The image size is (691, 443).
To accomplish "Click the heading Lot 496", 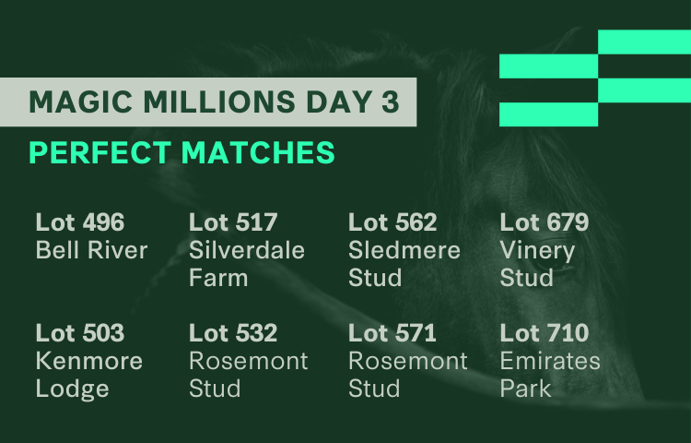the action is (80, 221).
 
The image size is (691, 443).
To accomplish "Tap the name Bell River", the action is (91, 250).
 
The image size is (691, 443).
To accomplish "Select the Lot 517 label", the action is (233, 221).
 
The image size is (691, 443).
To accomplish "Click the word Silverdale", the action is (247, 250).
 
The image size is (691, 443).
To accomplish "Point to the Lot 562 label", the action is (392, 221).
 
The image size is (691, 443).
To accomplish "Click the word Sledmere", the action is (404, 250).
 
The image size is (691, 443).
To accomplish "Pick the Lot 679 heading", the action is (545, 221).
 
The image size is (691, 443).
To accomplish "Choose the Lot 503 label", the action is (80, 332).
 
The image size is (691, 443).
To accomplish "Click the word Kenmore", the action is (89, 361).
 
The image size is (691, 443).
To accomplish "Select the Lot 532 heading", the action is (233, 332).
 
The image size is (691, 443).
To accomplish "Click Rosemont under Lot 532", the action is (249, 361).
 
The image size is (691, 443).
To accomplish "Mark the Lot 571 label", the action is (392, 332).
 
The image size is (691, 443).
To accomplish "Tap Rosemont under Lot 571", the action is (408, 361).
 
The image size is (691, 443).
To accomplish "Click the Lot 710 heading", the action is (545, 332).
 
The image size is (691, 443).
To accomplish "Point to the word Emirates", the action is (550, 361).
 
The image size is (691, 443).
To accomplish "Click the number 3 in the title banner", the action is (390, 102).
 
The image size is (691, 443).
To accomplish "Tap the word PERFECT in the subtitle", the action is (100, 152).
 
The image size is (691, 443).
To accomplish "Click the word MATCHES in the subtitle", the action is (258, 152).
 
